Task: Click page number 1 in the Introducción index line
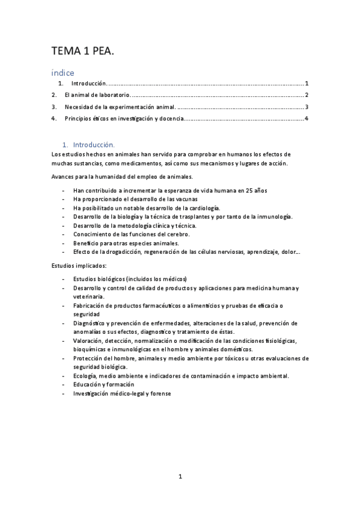[x=307, y=84]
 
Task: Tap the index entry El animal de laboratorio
[x=97, y=95]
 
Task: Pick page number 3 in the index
[x=307, y=107]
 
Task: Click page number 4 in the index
[x=307, y=118]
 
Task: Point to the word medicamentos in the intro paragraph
[x=145, y=163]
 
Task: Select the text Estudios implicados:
[x=79, y=265]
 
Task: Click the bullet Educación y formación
[x=103, y=384]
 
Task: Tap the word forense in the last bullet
[x=160, y=393]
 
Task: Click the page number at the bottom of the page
[x=180, y=476]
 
